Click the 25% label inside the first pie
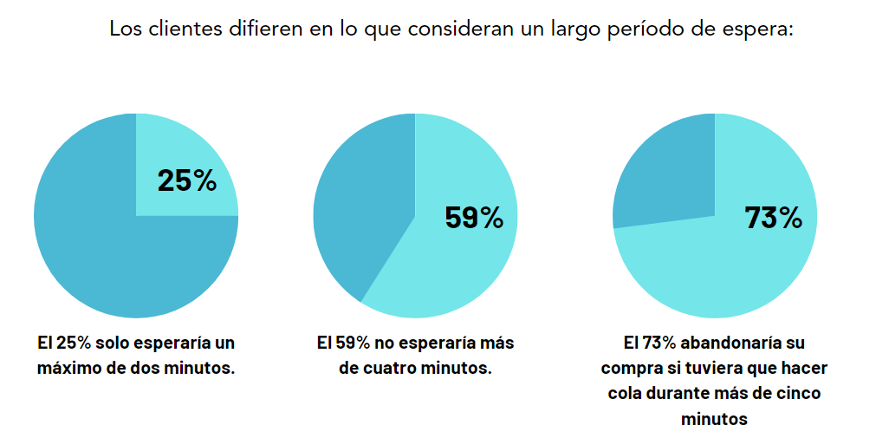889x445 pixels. (x=186, y=180)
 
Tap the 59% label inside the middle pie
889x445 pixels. (x=473, y=217)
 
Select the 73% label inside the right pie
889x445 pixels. (x=773, y=218)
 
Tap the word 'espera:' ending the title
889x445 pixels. (x=761, y=29)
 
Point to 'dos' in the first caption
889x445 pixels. (x=153, y=368)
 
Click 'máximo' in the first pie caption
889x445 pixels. (x=72, y=368)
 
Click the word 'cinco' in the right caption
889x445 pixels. (x=797, y=394)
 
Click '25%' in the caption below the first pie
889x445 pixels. (x=69, y=343)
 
